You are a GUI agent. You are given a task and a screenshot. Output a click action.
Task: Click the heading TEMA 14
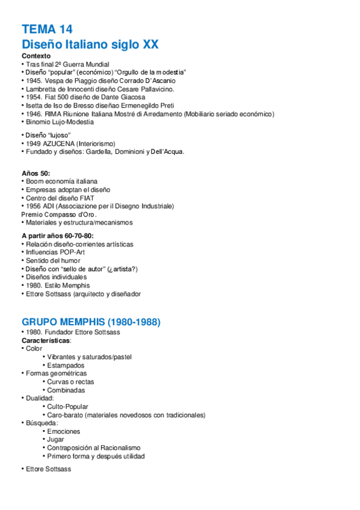tap(47, 29)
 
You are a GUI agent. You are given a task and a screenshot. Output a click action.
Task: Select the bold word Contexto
tap(36, 56)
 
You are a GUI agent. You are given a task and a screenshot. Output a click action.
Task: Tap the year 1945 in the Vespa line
tap(34, 80)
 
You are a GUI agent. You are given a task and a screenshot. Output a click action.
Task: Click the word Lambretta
tap(41, 88)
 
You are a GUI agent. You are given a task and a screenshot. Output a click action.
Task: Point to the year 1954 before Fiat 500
tap(34, 97)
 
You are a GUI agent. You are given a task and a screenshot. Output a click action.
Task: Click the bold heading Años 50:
tap(36, 173)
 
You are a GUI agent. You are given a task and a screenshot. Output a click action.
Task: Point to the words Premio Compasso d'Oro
tap(58, 214)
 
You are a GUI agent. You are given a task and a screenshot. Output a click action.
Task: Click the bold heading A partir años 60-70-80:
tap(58, 236)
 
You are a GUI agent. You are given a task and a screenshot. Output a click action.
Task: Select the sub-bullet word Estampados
tap(66, 365)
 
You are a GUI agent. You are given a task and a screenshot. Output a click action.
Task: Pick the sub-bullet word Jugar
tap(56, 440)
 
